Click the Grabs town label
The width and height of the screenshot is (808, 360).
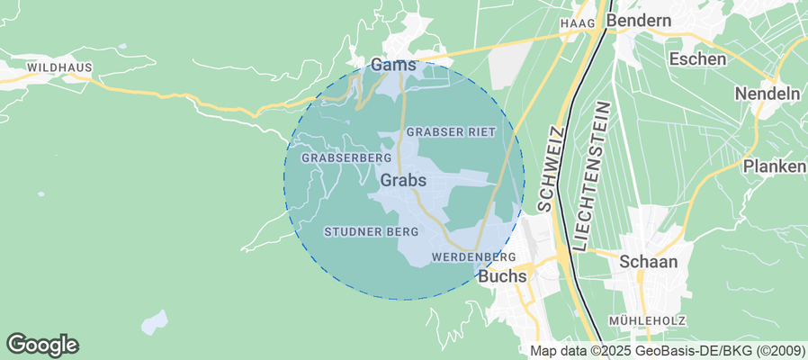click(403, 180)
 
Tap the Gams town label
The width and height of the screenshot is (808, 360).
click(393, 66)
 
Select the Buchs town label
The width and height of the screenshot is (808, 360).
click(502, 276)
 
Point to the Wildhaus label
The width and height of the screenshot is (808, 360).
click(56, 67)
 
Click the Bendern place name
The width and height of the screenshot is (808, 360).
click(639, 20)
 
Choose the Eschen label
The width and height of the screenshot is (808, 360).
click(697, 59)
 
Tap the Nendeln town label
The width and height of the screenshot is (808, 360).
click(768, 94)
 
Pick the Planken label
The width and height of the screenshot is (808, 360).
click(774, 166)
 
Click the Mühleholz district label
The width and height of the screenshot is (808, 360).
click(647, 320)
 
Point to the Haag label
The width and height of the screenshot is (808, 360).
click(579, 22)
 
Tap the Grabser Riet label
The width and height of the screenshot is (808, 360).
click(452, 131)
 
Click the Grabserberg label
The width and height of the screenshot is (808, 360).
click(335, 157)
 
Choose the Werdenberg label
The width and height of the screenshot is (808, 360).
click(473, 257)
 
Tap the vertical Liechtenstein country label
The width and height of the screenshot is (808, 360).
click(591, 176)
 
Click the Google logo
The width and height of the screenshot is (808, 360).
click(42, 344)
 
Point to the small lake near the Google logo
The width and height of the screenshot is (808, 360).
click(156, 320)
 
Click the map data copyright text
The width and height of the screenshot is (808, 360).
click(667, 351)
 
